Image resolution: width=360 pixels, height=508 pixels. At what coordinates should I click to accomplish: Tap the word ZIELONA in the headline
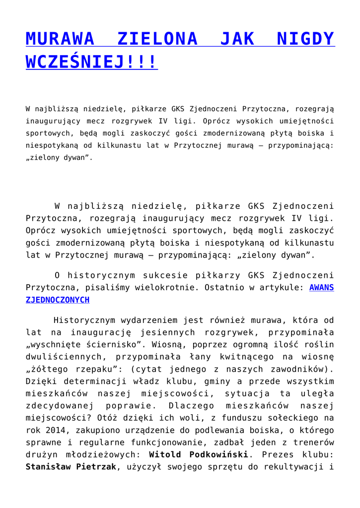point(157,38)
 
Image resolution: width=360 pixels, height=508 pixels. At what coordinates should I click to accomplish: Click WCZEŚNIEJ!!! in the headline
point(91,62)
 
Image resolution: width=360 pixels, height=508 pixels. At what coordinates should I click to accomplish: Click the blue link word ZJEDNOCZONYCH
point(58,300)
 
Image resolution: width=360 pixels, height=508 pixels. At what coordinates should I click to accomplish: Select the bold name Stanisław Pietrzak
point(71,467)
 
